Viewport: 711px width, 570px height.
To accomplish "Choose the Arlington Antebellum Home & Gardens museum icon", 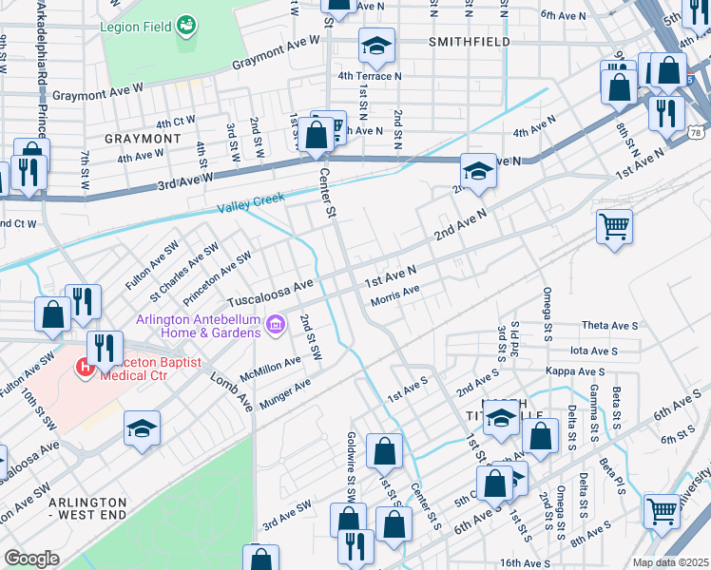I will tap(276, 326).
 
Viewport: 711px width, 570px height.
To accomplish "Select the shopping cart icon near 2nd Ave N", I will tap(615, 227).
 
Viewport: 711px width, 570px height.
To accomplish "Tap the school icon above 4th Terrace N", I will tap(376, 45).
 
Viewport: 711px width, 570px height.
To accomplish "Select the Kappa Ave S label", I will tap(574, 370).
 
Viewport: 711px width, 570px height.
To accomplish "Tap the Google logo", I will tap(31, 559).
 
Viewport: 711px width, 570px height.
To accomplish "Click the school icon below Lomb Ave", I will tap(142, 428).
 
